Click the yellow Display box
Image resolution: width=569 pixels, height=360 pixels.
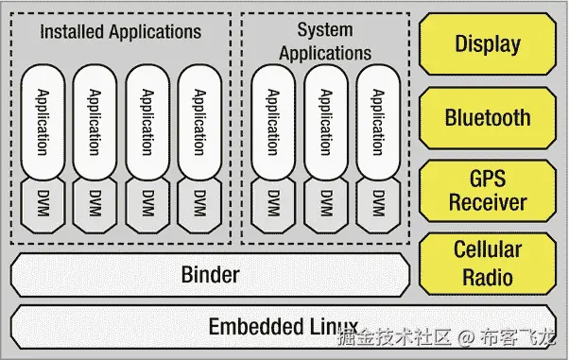click(487, 43)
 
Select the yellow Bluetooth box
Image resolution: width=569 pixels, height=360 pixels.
click(487, 118)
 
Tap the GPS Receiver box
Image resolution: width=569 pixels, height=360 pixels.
click(487, 190)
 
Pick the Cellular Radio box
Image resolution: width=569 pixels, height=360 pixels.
click(487, 264)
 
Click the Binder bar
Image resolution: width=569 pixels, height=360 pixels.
click(210, 275)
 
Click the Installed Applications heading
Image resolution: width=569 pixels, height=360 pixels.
click(121, 31)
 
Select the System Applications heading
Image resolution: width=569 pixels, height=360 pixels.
click(325, 42)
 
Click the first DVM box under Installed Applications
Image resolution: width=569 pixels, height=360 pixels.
click(41, 203)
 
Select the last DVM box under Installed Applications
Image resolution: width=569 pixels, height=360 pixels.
click(198, 203)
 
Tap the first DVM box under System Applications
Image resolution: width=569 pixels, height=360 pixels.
click(272, 203)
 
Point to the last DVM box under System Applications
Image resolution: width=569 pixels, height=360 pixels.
click(378, 203)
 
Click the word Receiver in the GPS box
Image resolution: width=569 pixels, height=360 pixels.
click(487, 202)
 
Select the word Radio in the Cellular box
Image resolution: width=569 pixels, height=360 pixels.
click(487, 277)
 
